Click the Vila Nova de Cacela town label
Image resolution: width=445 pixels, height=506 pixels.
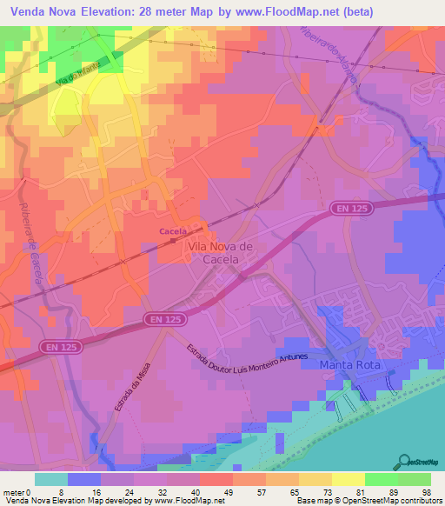[220, 253]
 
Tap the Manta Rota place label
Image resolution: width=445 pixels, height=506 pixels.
[349, 365]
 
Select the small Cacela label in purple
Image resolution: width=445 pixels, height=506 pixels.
[173, 231]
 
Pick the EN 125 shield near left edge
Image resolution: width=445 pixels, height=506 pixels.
[56, 347]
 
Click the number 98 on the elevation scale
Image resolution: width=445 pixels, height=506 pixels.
[425, 491]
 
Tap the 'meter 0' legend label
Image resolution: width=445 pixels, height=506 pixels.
[17, 491]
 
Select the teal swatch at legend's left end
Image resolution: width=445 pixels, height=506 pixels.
[51, 479]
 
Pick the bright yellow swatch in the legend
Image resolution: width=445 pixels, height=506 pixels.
[348, 479]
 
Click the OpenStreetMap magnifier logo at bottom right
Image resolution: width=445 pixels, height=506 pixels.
[402, 461]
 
